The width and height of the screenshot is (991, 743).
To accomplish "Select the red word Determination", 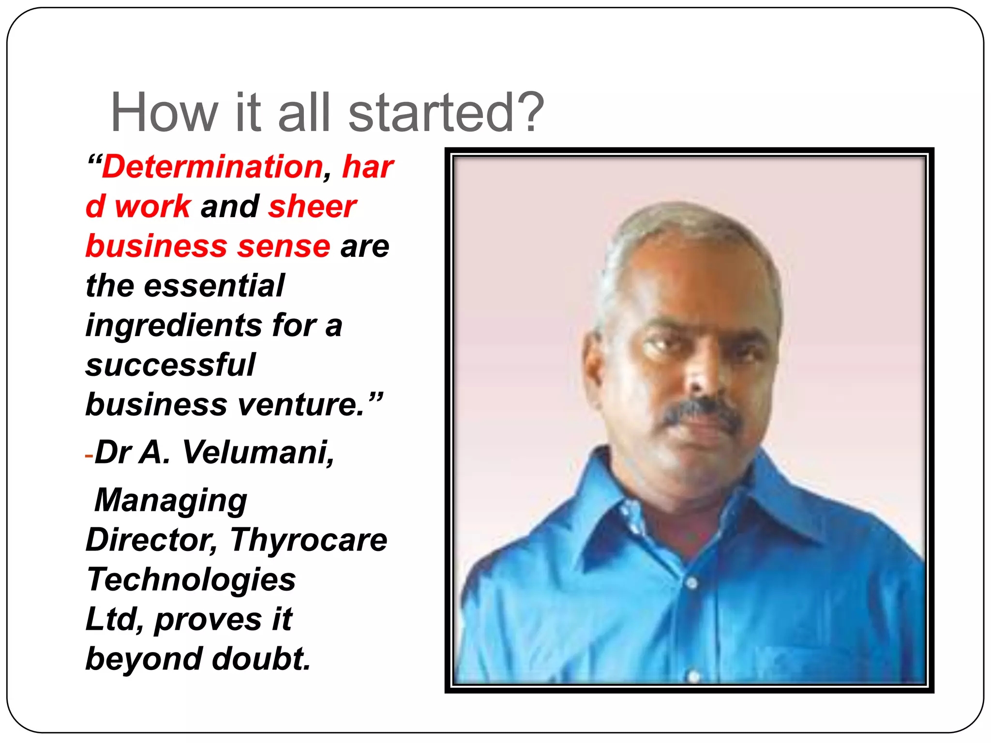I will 212,167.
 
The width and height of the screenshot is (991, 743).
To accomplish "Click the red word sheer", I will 313,207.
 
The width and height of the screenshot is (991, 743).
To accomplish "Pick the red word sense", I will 284,246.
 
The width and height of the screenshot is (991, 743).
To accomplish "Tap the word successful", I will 170,365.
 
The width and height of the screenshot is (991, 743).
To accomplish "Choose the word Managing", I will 171,500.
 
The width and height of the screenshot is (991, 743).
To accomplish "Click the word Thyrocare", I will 309,540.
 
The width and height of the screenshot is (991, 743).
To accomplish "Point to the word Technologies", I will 191,580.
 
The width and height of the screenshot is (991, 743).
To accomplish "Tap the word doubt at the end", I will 261,659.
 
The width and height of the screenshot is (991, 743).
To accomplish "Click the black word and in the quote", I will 230,207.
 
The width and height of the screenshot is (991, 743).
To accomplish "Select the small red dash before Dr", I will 89,456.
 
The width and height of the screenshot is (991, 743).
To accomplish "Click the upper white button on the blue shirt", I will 691,583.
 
